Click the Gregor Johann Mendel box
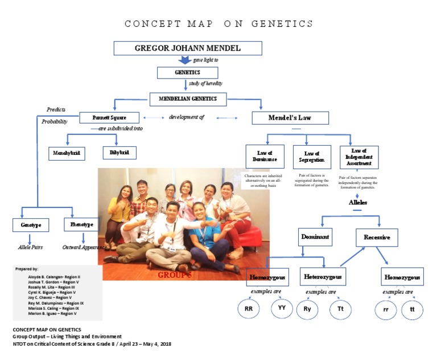(x=187, y=48)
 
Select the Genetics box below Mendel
(x=187, y=72)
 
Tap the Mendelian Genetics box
(x=187, y=99)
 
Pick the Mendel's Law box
(x=290, y=118)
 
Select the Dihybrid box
(x=119, y=153)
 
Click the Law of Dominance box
(x=265, y=157)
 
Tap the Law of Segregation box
(x=312, y=157)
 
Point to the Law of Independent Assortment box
(x=358, y=157)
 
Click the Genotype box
(x=31, y=225)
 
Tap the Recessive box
(x=376, y=237)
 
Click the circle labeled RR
(x=249, y=309)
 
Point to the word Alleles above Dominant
(x=358, y=202)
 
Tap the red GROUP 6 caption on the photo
(x=175, y=275)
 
